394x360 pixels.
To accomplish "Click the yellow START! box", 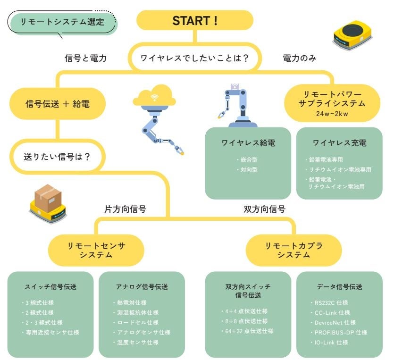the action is point(195,21).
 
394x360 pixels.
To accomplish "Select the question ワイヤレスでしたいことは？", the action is point(194,59).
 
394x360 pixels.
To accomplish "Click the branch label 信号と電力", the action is point(85,59).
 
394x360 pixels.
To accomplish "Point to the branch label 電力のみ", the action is point(299,59).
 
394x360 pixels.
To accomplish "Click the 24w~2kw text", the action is point(333,114).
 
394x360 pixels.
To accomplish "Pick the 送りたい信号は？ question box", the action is point(57,156).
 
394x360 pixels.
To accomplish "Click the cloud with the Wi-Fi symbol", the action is point(154,97).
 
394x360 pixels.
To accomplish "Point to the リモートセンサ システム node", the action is point(96,250).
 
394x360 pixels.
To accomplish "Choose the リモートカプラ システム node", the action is point(293,250).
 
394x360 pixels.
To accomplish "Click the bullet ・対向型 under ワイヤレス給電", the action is point(247,169).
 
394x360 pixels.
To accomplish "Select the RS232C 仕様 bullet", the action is point(331,303).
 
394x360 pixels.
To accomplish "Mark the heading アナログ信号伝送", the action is point(142,286).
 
